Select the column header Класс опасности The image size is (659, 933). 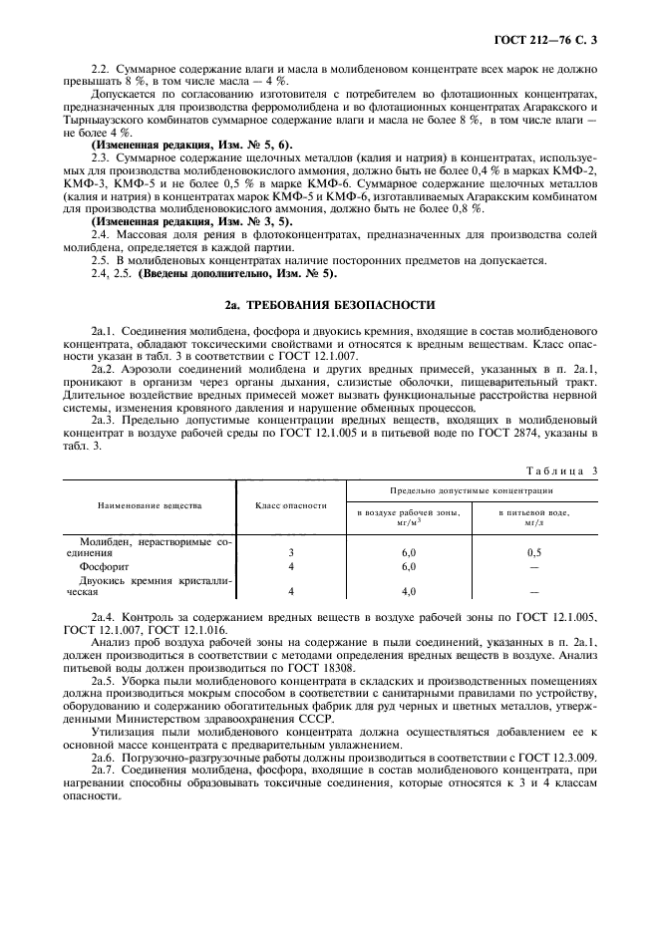291,505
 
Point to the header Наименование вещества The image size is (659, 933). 150,505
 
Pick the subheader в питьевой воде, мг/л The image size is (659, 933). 534,516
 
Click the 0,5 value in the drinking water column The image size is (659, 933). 534,551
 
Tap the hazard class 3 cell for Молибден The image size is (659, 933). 291,551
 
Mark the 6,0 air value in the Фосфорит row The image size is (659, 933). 408,565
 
